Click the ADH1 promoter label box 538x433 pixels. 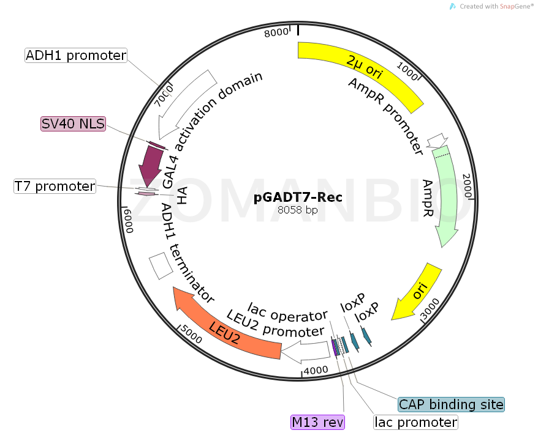tap(76, 56)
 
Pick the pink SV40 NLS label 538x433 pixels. tap(73, 124)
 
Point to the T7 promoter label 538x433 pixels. tap(55, 187)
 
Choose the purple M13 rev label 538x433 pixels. tap(317, 422)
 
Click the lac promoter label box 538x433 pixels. tap(416, 422)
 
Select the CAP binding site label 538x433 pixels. tap(451, 404)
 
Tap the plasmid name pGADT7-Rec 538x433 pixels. tap(298, 197)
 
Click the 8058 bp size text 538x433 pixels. tap(298, 210)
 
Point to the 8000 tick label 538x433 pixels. tap(275, 32)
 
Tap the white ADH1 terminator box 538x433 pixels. tap(162, 267)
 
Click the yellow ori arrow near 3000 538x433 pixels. tap(417, 292)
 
